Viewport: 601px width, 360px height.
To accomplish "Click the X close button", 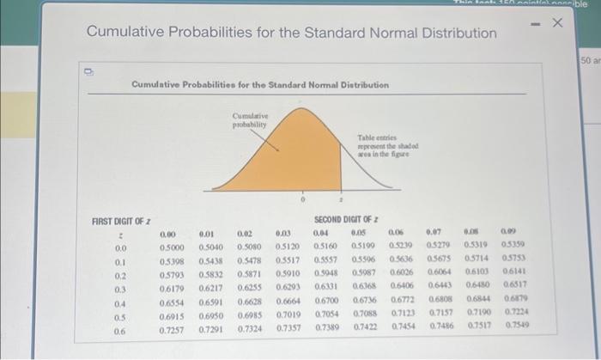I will tap(555, 21).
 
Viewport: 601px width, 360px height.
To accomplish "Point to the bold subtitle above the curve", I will tap(260, 85).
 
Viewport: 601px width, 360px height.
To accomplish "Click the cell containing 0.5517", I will tap(288, 261).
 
